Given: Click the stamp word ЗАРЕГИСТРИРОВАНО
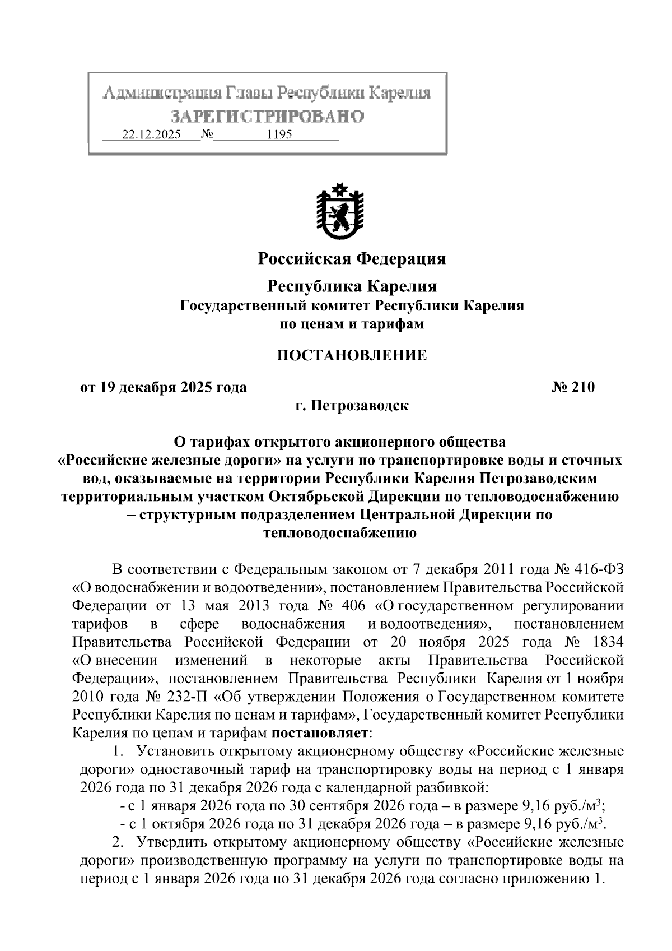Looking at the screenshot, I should click(x=268, y=116).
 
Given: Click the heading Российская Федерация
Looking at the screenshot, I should click(x=352, y=259).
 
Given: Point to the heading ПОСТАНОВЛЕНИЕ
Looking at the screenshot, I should click(x=352, y=355).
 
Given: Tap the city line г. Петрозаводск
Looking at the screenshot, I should click(x=352, y=405).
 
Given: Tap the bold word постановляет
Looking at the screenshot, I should click(x=320, y=732).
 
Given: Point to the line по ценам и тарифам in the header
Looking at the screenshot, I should click(x=352, y=324).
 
